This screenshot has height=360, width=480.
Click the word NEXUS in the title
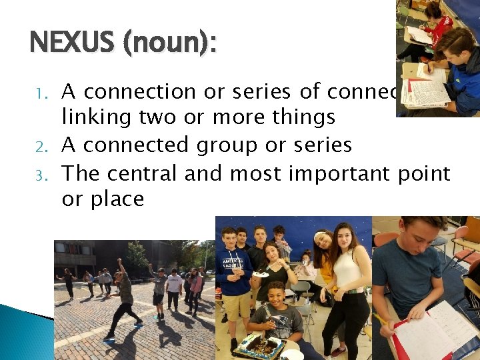point(72,44)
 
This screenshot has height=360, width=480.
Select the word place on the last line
point(118,199)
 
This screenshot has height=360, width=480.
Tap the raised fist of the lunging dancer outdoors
point(121,261)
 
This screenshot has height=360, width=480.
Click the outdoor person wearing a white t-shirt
point(174,287)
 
